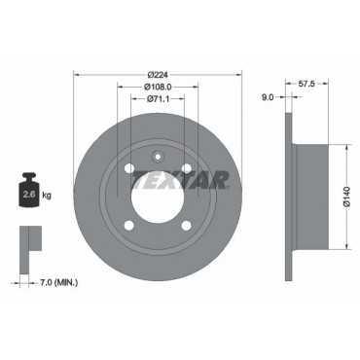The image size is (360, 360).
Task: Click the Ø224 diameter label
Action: [x=158, y=75]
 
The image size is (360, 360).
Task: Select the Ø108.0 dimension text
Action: [x=158, y=87]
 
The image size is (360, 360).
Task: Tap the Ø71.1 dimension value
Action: [x=158, y=99]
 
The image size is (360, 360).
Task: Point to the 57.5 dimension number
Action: [x=306, y=84]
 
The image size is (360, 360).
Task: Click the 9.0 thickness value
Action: [x=268, y=96]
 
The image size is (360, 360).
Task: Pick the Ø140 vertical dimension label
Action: [x=346, y=197]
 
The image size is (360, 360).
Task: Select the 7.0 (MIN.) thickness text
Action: [x=58, y=283]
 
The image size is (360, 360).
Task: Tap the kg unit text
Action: [x=47, y=196]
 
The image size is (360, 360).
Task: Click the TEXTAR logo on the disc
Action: [x=181, y=180]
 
